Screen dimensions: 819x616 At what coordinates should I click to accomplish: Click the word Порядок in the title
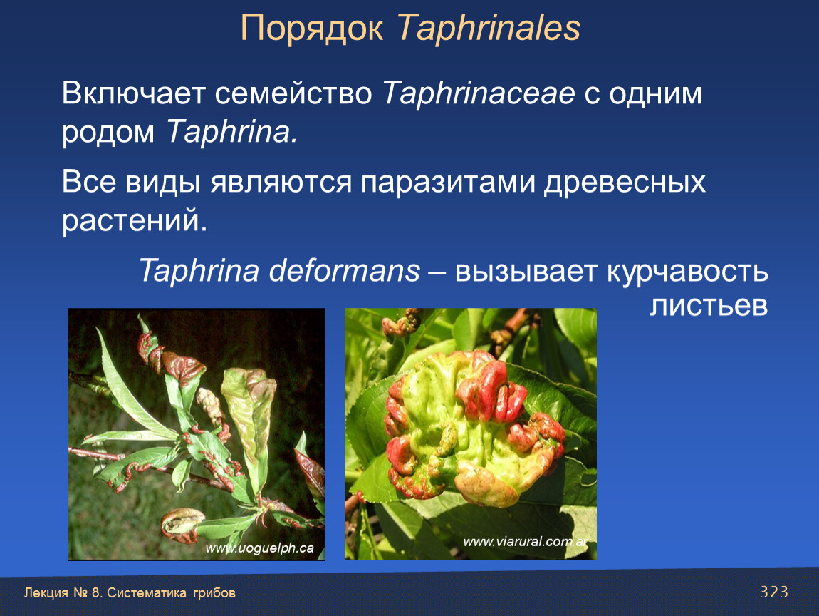pos(312,29)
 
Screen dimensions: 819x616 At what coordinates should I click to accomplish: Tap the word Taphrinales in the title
pos(489,28)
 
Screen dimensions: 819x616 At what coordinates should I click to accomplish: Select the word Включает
pos(133,93)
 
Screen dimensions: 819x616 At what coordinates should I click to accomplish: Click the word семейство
pos(293,94)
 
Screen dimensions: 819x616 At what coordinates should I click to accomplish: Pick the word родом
pos(109,133)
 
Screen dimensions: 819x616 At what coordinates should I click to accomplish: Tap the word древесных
pos(625,183)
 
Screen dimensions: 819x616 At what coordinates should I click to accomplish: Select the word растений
pos(135,221)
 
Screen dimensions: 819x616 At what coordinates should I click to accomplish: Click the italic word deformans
pos(344,271)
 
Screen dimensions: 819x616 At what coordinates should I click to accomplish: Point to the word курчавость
pos(687,272)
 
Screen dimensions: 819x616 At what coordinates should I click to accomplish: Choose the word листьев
pos(709,305)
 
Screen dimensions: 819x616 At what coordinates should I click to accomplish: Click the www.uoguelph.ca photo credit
pos(260,548)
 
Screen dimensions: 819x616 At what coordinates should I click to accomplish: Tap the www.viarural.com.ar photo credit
pos(526,542)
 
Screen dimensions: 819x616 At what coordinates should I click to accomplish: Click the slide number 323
pos(773,592)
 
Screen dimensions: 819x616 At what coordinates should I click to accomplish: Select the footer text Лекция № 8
pos(63,593)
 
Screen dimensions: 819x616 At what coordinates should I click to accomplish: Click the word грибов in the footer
pos(214,593)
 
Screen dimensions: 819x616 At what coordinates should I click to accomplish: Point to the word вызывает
pos(526,272)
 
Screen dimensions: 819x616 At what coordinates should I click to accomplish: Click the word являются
pos(281,183)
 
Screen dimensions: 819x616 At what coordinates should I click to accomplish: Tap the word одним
pos(655,94)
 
